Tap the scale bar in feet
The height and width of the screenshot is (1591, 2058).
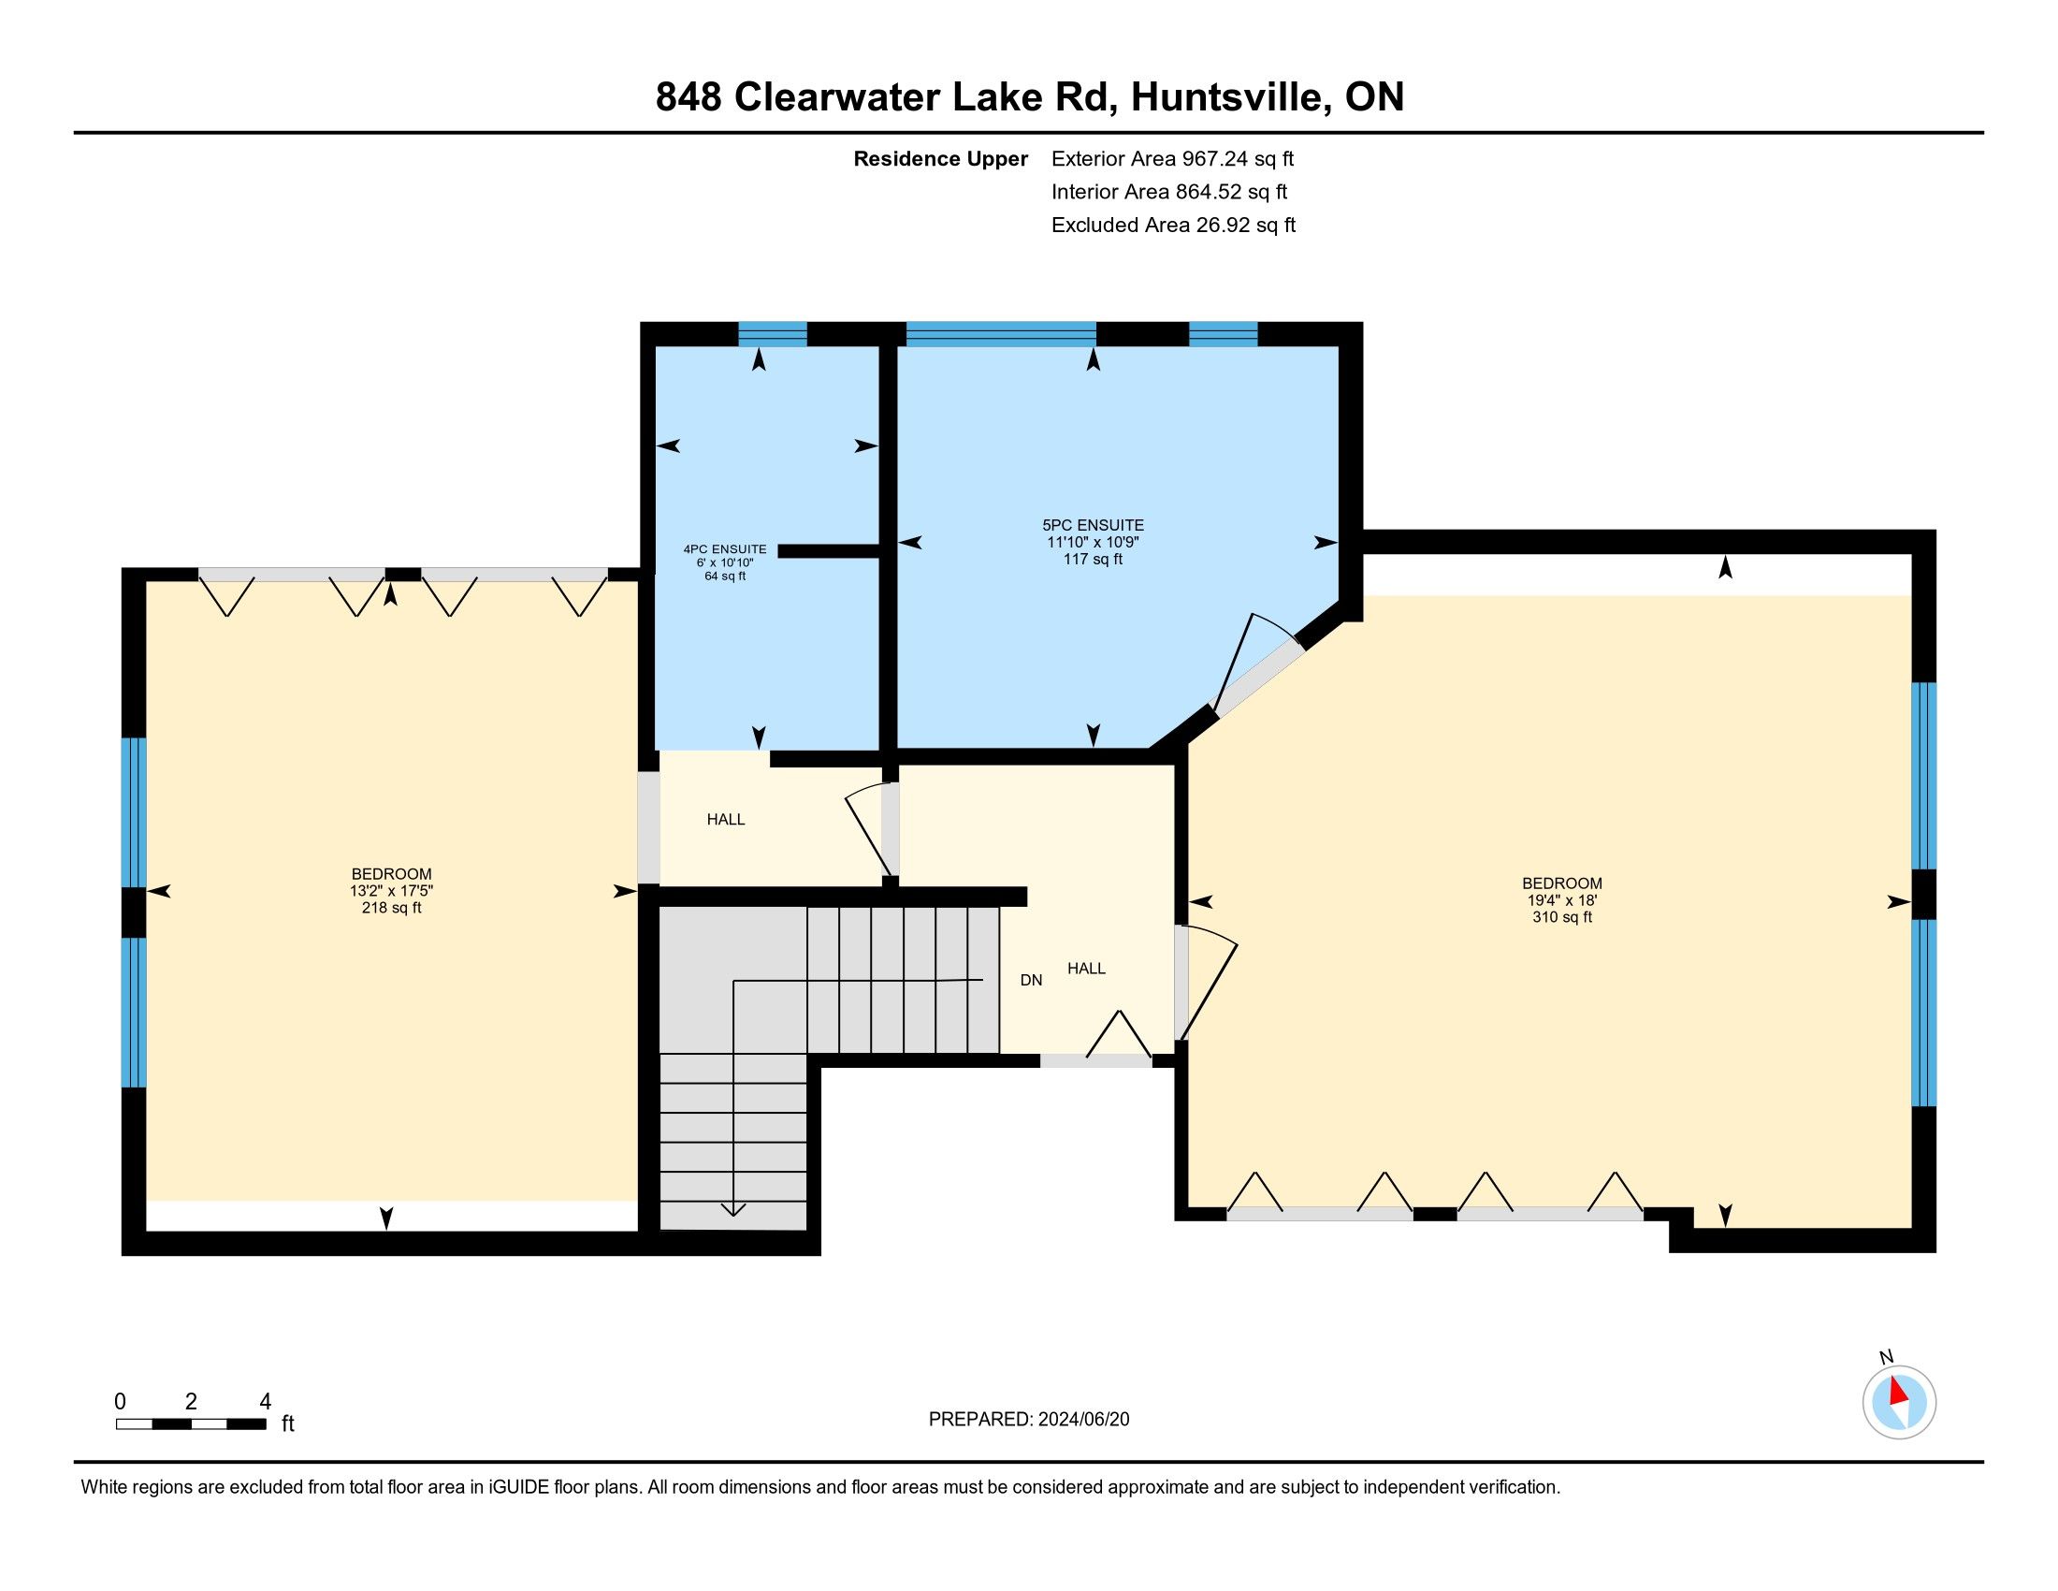[x=191, y=1423]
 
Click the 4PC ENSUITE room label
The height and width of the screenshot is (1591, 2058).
[x=725, y=549]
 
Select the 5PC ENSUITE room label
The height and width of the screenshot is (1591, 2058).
[x=1093, y=525]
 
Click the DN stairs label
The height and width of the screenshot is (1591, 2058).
[x=1031, y=980]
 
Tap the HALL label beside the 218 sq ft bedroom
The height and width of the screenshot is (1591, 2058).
[x=726, y=820]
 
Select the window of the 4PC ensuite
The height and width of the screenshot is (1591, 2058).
[x=773, y=334]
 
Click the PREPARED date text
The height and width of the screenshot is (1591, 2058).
[x=1029, y=1446]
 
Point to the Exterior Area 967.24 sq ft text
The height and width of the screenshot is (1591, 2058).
[x=1173, y=158]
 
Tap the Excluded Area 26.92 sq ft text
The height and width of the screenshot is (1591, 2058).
[x=1173, y=225]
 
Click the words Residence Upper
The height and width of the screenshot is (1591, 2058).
[x=940, y=158]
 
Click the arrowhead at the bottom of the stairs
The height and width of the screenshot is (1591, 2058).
[x=733, y=1210]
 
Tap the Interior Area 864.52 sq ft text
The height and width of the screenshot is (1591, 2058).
[x=1169, y=191]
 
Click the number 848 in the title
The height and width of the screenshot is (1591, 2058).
[x=688, y=97]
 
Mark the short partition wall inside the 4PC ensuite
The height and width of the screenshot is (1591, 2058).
[x=829, y=551]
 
